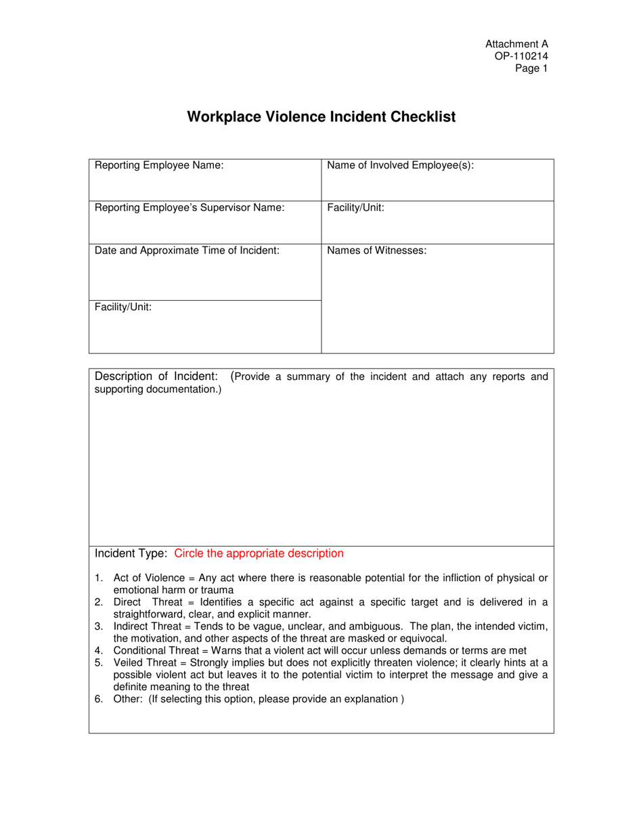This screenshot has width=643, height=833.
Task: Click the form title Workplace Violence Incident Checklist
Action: click(x=321, y=117)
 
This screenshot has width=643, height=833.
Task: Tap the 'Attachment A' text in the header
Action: click(x=516, y=44)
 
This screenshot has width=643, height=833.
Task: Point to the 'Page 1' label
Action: click(x=531, y=68)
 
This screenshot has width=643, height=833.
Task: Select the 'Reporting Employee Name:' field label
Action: click(x=159, y=165)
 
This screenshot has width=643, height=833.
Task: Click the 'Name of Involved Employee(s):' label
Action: click(x=400, y=165)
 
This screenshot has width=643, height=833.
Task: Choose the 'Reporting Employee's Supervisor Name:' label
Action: click(x=190, y=208)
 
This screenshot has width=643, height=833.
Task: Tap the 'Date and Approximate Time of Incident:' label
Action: click(x=187, y=251)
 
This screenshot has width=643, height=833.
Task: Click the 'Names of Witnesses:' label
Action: click(x=376, y=251)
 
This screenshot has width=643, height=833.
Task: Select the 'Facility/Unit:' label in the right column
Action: click(x=355, y=208)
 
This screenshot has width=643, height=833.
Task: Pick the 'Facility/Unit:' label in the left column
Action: click(x=123, y=307)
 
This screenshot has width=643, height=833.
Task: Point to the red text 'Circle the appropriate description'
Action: click(x=259, y=553)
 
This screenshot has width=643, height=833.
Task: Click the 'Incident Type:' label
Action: click(x=131, y=553)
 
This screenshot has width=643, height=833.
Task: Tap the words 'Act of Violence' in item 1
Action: click(x=148, y=578)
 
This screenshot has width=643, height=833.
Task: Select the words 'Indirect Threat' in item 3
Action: click(x=148, y=626)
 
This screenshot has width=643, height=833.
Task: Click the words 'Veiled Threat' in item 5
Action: click(x=143, y=662)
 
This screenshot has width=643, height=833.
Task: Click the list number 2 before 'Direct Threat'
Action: click(x=98, y=602)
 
